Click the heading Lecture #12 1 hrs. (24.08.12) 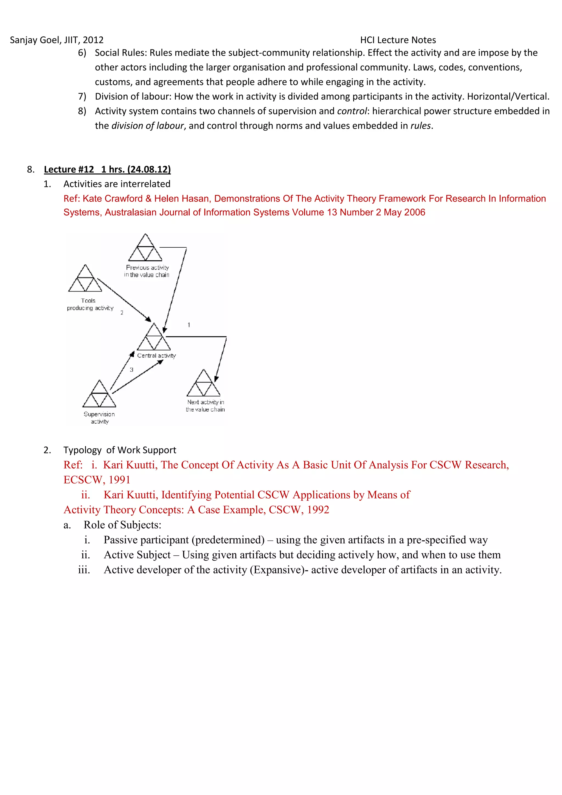point(107,169)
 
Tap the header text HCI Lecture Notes point(398,40)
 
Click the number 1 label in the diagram point(189,325)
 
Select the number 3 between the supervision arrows point(131,370)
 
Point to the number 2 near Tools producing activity point(122,313)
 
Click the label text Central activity point(156,355)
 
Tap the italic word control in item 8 point(352,111)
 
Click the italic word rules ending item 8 point(420,126)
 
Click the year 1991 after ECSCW point(119,480)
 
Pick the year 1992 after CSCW point(318,510)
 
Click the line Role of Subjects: point(122,525)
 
